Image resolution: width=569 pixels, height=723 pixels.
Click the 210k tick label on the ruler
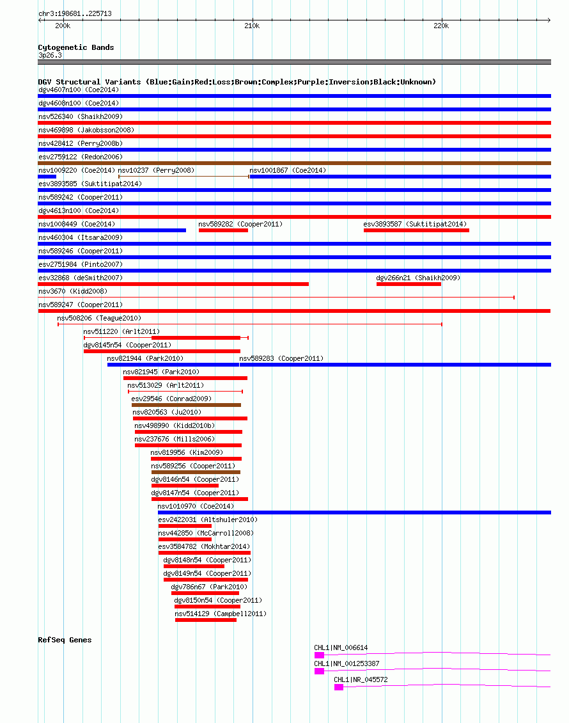coord(252,26)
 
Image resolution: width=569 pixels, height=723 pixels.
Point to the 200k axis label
coord(63,26)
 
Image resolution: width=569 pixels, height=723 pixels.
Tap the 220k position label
coord(441,26)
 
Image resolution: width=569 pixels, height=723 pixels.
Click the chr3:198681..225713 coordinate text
coord(75,13)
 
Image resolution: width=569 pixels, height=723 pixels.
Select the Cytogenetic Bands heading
coord(76,47)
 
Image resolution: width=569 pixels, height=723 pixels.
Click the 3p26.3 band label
coord(51,55)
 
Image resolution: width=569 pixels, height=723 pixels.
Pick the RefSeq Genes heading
coord(65,640)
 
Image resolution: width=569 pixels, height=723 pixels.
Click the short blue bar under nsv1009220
coord(47,177)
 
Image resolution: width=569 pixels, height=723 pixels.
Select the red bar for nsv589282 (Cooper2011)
coord(224,230)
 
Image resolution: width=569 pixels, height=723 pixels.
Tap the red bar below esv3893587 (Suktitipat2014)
coord(416,230)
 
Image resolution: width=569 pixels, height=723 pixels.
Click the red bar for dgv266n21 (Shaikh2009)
coord(409,284)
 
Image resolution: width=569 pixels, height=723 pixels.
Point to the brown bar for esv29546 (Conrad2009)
coord(186,405)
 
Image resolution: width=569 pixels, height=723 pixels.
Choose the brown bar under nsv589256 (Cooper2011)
coord(196,472)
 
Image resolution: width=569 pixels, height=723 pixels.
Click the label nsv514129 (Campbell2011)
coord(221,614)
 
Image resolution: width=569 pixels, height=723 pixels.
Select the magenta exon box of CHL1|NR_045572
coord(339,687)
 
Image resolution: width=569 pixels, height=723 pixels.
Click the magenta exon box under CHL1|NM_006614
coord(319,655)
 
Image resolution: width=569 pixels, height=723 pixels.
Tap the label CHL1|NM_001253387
coord(347,663)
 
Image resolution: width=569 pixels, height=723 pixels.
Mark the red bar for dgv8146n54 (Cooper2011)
coord(185,486)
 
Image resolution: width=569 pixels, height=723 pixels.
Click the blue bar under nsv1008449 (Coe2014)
coord(112,230)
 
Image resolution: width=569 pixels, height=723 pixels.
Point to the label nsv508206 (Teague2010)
coord(99,318)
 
